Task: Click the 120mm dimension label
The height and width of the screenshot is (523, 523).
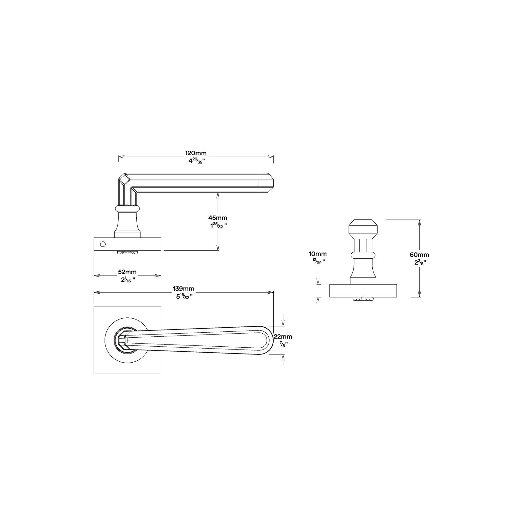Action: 196,153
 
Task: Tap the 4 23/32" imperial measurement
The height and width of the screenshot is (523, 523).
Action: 196,161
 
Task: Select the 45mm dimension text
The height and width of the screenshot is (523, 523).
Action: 218,218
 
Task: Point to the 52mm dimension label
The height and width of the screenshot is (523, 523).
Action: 128,272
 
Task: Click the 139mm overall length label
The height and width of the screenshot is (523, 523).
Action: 184,289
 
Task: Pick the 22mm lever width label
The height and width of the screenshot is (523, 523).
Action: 283,336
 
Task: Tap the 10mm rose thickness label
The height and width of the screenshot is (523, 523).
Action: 318,254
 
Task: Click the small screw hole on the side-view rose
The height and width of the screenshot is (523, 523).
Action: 103,243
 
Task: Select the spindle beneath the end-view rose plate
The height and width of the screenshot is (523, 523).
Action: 363,299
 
